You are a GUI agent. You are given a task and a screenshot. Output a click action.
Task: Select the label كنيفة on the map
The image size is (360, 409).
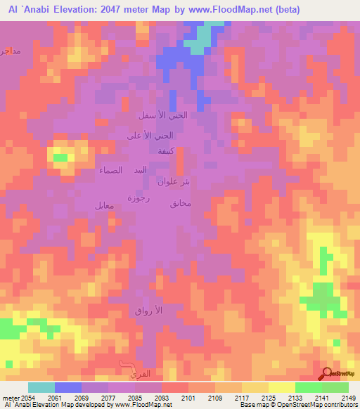coord(166,152)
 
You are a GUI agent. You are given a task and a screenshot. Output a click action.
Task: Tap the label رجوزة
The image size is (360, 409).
coord(135,197)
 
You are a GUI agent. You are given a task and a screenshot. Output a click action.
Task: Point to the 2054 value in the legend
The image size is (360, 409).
coord(26,397)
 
